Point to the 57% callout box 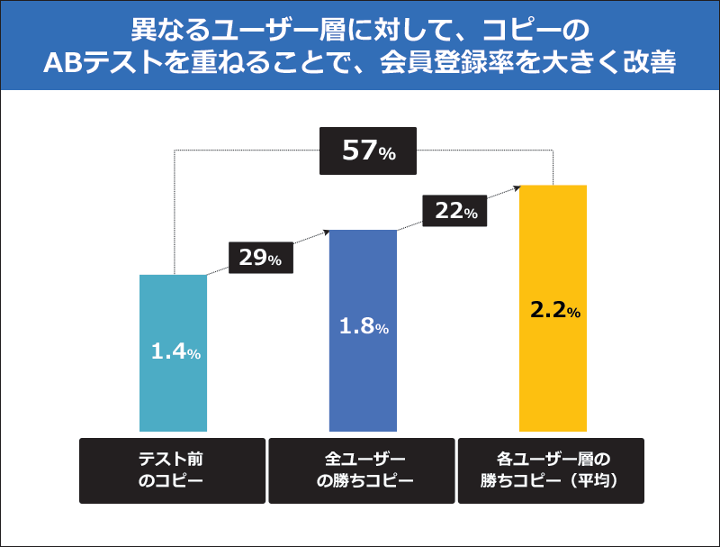point(369,150)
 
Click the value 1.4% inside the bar point(175,352)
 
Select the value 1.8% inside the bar point(364,327)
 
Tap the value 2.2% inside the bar point(554,311)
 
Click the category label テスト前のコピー point(173,470)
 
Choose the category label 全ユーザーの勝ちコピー point(363,470)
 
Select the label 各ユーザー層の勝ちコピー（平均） point(553,470)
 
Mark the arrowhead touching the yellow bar point(517,187)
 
